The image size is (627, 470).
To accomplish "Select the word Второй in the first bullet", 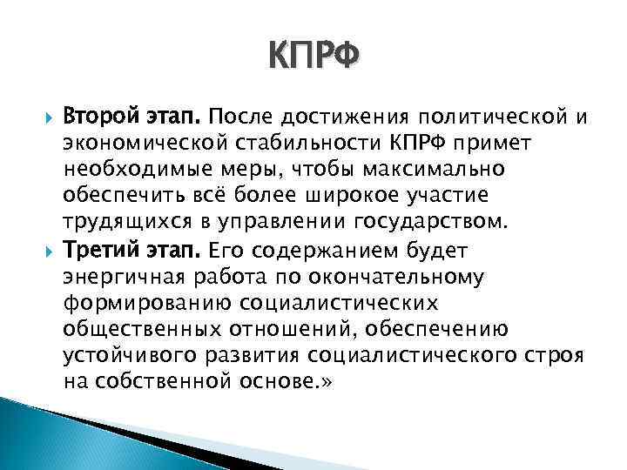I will click(98, 117).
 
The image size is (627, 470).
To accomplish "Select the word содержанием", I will click(315, 252).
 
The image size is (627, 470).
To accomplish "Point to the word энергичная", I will click(118, 279).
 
